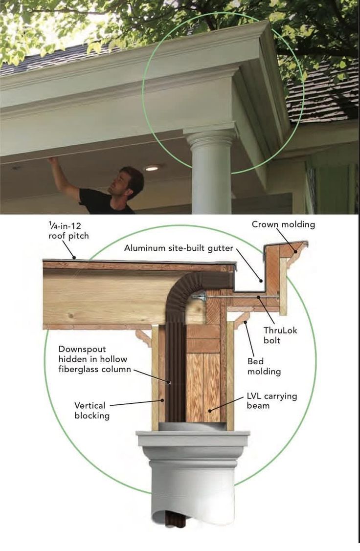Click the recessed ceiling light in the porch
[x=152, y=169]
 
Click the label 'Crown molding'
[x=283, y=224]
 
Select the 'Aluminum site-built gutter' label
[x=179, y=248]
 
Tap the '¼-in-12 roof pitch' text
[x=68, y=231]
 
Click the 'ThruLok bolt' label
[x=280, y=335]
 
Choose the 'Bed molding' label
[x=264, y=366]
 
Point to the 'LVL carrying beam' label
[x=272, y=401]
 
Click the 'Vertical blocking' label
[x=92, y=411]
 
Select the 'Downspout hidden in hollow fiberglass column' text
[x=94, y=359]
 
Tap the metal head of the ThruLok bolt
[x=199, y=297]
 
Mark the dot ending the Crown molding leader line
[x=296, y=251]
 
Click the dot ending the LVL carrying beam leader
[x=210, y=410]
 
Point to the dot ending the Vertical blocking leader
[x=162, y=400]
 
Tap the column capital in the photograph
[x=211, y=137]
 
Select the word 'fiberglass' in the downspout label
[x=78, y=369]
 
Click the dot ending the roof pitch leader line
[x=74, y=258]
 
